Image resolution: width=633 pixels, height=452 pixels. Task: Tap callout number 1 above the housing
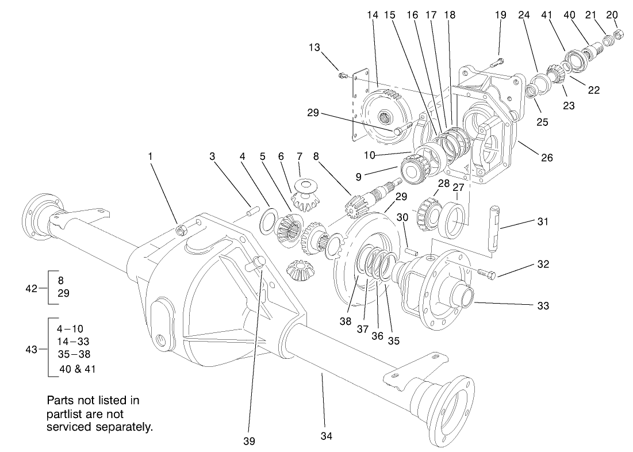click(x=151, y=156)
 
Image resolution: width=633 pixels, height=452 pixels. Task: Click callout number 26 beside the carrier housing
click(x=546, y=157)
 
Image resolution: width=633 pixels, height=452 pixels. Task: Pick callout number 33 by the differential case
click(x=542, y=307)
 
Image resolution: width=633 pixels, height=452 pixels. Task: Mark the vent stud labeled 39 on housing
click(x=257, y=263)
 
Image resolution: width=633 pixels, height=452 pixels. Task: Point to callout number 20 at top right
click(x=612, y=15)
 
